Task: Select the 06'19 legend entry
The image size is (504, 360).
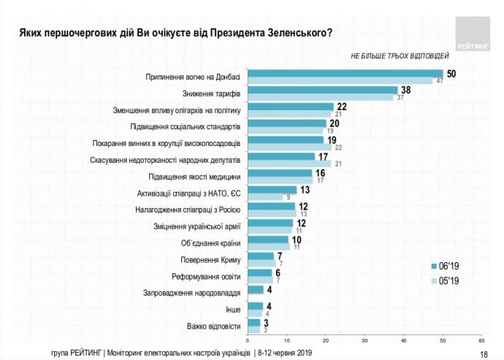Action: pyautogui.click(x=448, y=266)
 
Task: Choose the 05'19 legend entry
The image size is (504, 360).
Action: pyautogui.click(x=448, y=280)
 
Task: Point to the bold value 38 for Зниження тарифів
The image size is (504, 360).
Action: pyautogui.click(x=405, y=89)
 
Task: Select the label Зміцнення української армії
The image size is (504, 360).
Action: pyautogui.click(x=194, y=226)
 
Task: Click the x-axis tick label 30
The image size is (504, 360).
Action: pyautogui.click(x=364, y=340)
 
